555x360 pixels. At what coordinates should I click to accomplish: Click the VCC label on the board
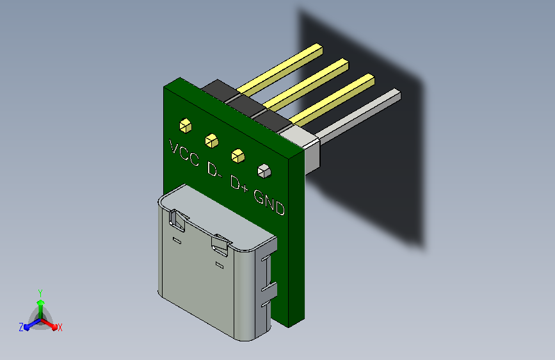pyautogui.click(x=184, y=152)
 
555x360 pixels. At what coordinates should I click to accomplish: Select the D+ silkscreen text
pyautogui.click(x=239, y=185)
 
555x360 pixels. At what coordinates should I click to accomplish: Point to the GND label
pyautogui.click(x=269, y=200)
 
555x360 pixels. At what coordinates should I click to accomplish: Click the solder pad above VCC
pyautogui.click(x=186, y=125)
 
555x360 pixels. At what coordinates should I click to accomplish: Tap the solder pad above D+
pyautogui.click(x=237, y=154)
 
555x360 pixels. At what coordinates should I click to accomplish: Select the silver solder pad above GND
pyautogui.click(x=263, y=170)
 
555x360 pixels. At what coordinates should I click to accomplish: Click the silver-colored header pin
pyautogui.click(x=358, y=116)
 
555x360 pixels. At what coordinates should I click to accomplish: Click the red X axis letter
pyautogui.click(x=60, y=328)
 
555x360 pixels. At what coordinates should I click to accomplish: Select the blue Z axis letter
pyautogui.click(x=21, y=327)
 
